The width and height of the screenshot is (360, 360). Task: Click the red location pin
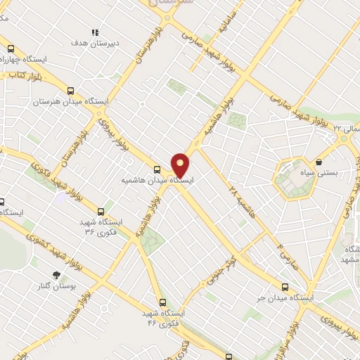pos(181,165)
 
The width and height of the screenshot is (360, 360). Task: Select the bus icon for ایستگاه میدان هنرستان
pos(70,91)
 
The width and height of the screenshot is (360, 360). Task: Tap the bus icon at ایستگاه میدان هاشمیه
pos(157,169)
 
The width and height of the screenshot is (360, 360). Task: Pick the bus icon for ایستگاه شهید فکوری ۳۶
pos(101,210)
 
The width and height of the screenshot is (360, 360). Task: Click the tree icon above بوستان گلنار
pos(57,275)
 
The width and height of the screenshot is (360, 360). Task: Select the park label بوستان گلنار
pos(58,287)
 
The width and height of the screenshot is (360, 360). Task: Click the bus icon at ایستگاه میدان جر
pos(285,286)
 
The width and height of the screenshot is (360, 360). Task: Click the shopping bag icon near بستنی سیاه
pos(319,161)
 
